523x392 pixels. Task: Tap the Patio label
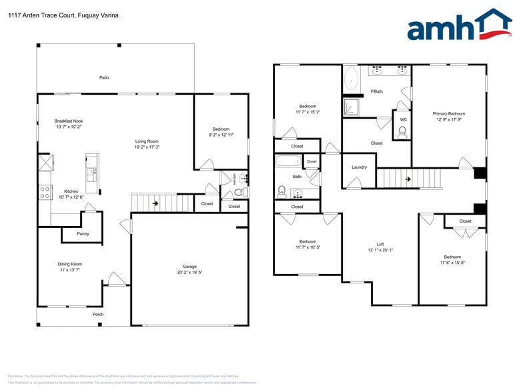tap(104, 77)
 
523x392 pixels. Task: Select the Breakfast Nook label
tap(69, 121)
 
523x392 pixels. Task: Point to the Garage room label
tap(190, 267)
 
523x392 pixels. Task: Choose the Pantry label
tap(83, 234)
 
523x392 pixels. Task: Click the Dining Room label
tap(70, 264)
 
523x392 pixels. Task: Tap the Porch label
tap(98, 314)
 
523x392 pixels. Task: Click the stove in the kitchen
tap(45, 192)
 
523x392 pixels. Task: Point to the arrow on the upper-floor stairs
tap(408, 179)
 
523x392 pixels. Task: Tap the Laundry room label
tap(359, 167)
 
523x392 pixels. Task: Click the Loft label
tap(380, 244)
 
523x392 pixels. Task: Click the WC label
tap(403, 120)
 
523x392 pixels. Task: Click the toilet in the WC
tap(402, 132)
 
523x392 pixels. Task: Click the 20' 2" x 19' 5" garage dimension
tap(190, 273)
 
